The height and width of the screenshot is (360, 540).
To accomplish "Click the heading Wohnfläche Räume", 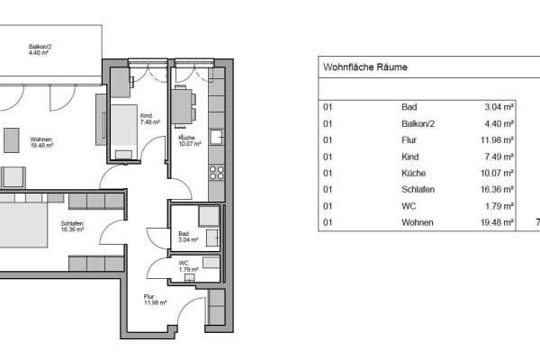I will click(364, 67).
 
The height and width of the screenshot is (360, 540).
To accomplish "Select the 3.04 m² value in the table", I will click(499, 107).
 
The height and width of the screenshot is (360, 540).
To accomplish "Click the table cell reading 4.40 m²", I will click(499, 123).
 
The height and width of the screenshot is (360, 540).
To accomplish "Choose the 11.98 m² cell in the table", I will click(497, 140).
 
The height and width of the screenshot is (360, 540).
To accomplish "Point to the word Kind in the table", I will click(409, 157).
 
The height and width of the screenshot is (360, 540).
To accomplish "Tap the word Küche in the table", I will click(413, 173).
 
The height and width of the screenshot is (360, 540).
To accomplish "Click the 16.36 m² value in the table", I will click(497, 189).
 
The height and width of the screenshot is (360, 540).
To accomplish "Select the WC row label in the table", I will click(409, 206).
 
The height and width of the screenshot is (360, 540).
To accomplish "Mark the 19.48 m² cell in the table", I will click(497, 222).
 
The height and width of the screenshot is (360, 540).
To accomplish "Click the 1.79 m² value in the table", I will click(499, 206).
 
